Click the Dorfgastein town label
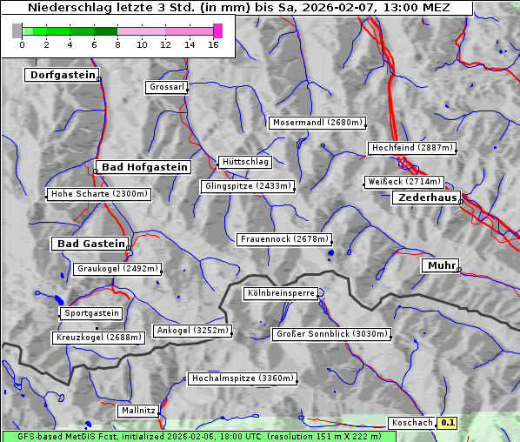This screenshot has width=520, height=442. pyautogui.click(x=61, y=76)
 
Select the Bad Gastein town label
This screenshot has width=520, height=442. pyautogui.click(x=90, y=244)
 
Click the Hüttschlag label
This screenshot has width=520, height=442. pyautogui.click(x=244, y=162)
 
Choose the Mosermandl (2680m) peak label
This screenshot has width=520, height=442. pyautogui.click(x=317, y=123)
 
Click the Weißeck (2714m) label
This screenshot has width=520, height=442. pyautogui.click(x=403, y=182)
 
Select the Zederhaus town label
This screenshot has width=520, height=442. pyautogui.click(x=426, y=198)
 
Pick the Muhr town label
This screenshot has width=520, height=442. pyautogui.click(x=440, y=265)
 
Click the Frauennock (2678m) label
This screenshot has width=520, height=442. pyautogui.click(x=284, y=239)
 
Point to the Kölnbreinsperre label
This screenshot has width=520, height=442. pyautogui.click(x=280, y=294)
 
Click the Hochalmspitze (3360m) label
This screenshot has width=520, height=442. pyautogui.click(x=243, y=379)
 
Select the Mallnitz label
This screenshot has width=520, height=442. pyautogui.click(x=138, y=410)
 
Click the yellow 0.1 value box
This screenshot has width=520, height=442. pyautogui.click(x=447, y=423)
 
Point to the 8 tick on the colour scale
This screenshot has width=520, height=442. pyautogui.click(x=117, y=44)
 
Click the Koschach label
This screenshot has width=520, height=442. pyautogui.click(x=412, y=423)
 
